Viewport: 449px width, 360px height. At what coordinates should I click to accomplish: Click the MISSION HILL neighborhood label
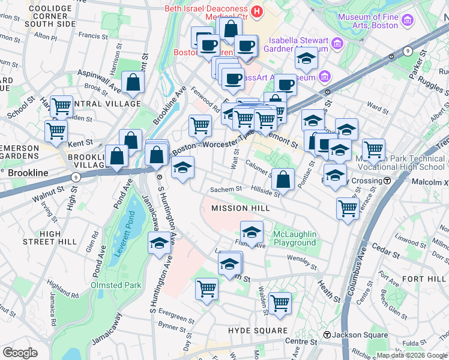238,208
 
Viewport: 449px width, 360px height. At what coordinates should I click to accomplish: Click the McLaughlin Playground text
294,238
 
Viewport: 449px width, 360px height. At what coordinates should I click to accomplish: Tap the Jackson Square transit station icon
328,334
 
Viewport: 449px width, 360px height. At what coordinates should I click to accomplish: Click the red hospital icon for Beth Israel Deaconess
257,10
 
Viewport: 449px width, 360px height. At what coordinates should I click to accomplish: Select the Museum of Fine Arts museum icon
408,21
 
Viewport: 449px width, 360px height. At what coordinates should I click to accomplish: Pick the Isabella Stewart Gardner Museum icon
337,43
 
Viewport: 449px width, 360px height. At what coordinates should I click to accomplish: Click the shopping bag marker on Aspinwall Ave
133,83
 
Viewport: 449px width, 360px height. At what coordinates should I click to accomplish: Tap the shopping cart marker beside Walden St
280,303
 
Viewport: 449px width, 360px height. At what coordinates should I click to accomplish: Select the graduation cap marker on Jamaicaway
159,243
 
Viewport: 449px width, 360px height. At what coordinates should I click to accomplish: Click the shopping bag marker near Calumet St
283,179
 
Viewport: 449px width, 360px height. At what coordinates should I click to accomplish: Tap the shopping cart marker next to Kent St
56,130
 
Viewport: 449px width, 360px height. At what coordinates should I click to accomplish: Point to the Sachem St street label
225,190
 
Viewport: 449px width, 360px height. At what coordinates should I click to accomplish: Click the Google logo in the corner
20,352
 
